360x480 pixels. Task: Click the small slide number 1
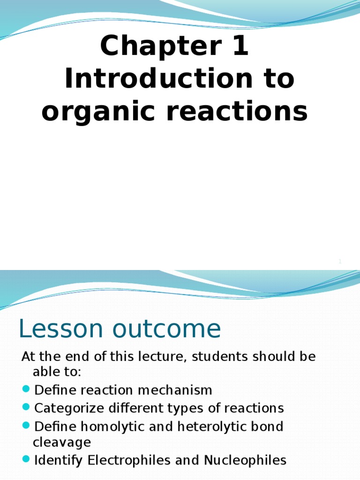[340, 262]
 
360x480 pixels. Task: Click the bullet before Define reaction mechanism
[26, 390]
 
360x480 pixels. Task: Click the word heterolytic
[216, 427]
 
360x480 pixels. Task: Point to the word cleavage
[61, 442]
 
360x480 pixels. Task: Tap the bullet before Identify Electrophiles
[26, 460]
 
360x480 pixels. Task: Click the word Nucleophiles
[245, 460]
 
